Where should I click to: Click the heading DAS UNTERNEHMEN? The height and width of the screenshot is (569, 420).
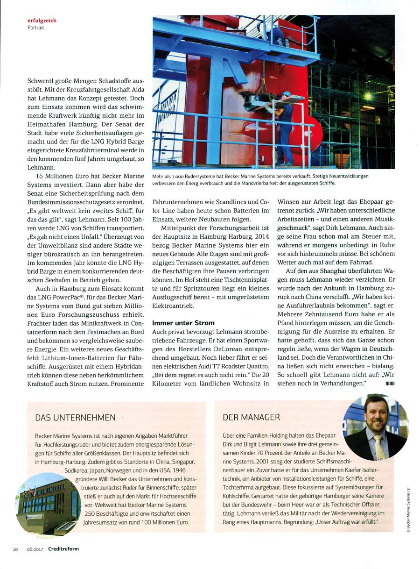(75, 417)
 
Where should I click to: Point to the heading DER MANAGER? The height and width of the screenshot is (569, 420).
(251, 417)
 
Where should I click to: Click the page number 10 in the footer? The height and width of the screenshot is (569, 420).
(15, 549)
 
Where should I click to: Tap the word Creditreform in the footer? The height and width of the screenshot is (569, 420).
(65, 549)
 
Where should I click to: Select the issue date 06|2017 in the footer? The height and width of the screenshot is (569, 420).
(34, 549)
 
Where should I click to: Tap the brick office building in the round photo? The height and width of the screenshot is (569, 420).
(47, 502)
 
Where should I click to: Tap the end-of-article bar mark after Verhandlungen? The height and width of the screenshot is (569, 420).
(390, 384)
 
